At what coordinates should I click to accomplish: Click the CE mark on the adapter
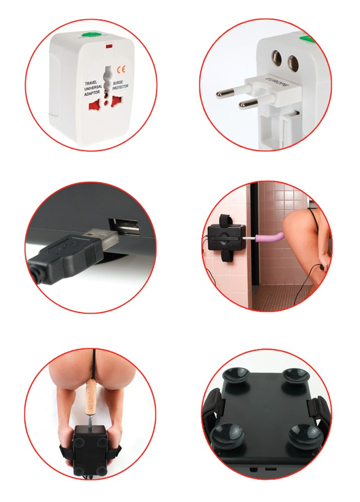pos(121,70)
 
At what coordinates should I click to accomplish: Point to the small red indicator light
pos(108,48)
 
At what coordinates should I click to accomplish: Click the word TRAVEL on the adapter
pos(91,84)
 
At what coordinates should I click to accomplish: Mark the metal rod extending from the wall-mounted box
pos(251,238)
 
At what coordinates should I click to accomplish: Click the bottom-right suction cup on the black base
pos(306,435)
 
